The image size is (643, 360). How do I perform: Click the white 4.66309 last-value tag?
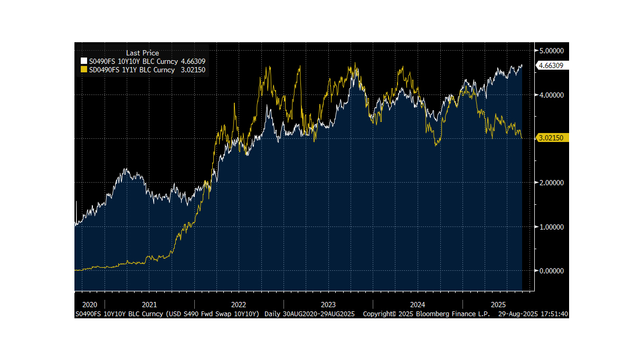click(550, 65)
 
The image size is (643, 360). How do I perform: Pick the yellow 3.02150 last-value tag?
click(550, 138)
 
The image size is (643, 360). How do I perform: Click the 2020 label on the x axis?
click(90, 305)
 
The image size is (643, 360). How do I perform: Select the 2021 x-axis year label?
click(149, 305)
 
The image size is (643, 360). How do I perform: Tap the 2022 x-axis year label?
click(239, 305)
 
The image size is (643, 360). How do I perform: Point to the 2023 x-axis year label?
click(328, 305)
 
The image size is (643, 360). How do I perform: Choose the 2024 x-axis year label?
click(418, 305)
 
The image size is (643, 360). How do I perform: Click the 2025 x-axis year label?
click(499, 305)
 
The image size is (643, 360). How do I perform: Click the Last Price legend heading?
click(143, 53)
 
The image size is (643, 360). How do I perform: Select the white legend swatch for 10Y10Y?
click(83, 62)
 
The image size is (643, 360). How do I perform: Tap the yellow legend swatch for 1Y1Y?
click(83, 70)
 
